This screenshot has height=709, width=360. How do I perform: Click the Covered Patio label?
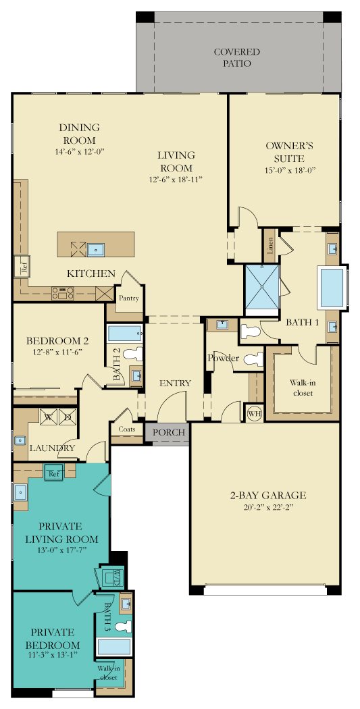point(238,57)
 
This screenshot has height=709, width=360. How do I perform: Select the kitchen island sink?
point(95,249)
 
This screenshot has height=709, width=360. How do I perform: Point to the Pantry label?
point(128,298)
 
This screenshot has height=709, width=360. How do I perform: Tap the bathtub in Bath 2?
point(125,335)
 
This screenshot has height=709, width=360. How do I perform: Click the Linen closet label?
point(270,246)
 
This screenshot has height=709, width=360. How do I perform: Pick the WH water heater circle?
point(253,414)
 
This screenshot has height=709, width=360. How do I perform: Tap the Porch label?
point(168,432)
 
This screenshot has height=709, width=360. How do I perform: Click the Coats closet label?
point(126,429)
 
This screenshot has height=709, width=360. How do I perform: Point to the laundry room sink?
point(19,440)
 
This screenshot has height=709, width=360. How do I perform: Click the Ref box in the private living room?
point(55,473)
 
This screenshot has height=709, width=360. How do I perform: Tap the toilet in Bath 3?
point(122,626)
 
